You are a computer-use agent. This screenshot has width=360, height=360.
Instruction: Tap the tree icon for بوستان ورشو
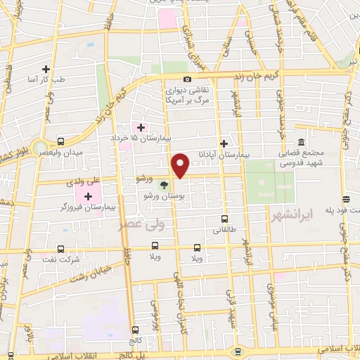[x=164, y=185]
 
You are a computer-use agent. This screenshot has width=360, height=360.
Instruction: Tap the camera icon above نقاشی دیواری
[x=187, y=79]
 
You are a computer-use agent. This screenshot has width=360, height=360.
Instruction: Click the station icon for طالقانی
[x=224, y=219]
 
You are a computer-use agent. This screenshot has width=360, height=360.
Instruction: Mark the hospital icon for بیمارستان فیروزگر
[x=88, y=196]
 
